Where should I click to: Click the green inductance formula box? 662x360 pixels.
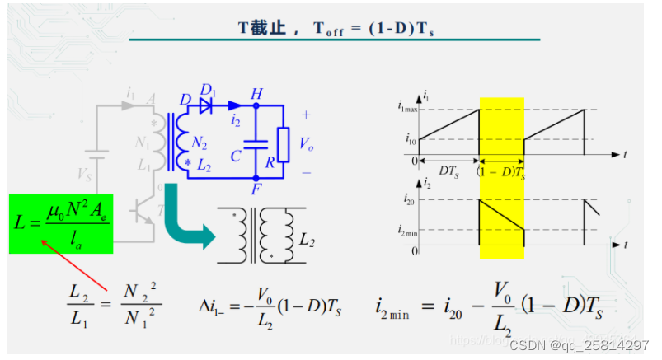[62, 224]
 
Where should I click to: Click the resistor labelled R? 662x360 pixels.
[283, 144]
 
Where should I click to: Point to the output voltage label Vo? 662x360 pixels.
[306, 144]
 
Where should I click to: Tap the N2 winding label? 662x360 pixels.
[199, 143]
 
